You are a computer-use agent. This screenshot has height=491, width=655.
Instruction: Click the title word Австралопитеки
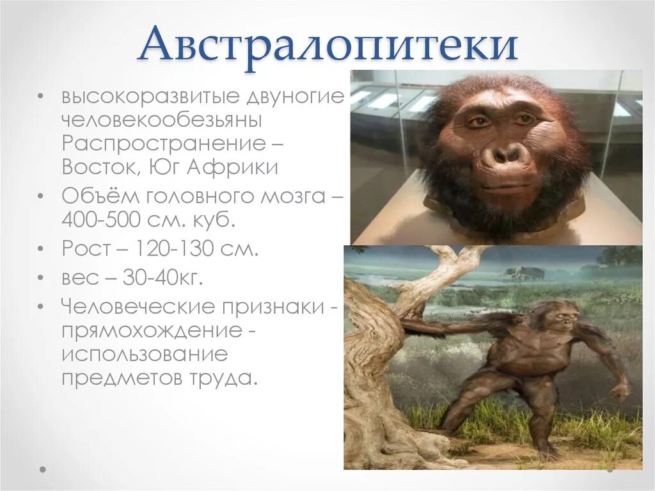tap(327, 45)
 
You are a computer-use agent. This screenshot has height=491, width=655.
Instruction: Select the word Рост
tap(84, 249)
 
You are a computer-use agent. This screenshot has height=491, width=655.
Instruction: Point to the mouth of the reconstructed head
tap(507, 187)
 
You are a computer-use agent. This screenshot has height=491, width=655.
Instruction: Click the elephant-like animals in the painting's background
tap(524, 274)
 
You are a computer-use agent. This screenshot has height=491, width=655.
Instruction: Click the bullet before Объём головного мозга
tap(42, 195)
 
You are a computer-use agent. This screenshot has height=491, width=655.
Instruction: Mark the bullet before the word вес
tap(42, 278)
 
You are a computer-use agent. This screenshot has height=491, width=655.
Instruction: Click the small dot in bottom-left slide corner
tap(43, 469)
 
